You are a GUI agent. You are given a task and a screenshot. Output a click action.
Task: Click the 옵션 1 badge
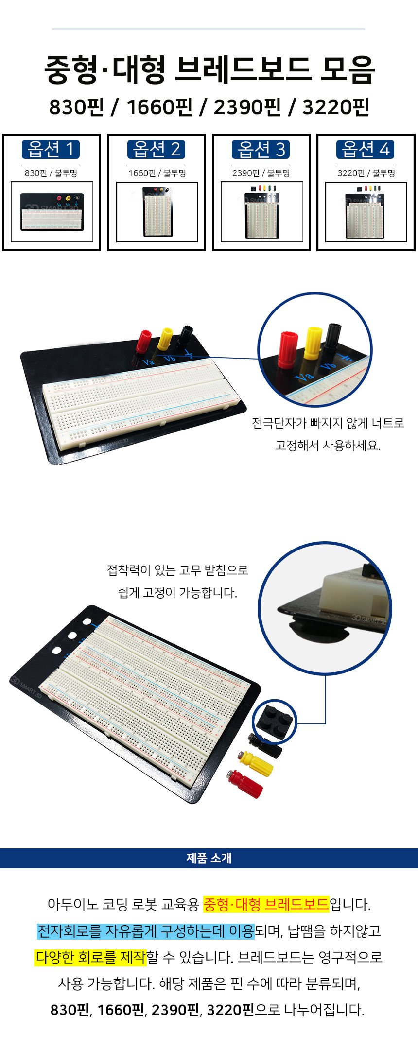[x=51, y=149]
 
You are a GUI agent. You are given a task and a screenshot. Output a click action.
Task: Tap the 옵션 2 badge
[x=157, y=149]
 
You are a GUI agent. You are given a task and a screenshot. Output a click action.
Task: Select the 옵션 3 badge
[x=261, y=149]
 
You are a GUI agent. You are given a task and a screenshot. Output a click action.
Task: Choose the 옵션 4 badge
[x=366, y=149]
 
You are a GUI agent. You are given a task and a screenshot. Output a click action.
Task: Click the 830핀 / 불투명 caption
[x=51, y=173]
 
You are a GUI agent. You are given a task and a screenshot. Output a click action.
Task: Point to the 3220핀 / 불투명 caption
[x=366, y=173]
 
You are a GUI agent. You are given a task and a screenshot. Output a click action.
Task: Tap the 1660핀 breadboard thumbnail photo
[x=157, y=211]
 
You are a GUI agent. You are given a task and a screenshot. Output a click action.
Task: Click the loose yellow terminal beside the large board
[x=255, y=762]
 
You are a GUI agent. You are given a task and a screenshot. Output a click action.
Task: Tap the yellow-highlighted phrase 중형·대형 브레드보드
[x=266, y=904]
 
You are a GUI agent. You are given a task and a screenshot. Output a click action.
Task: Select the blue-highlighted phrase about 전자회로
[x=146, y=931]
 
